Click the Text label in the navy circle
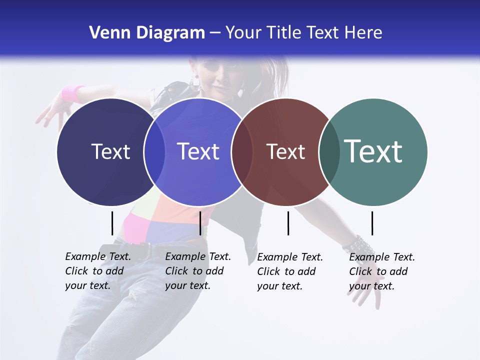click(x=110, y=151)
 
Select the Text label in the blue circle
click(x=198, y=151)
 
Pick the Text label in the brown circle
click(x=285, y=151)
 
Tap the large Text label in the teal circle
click(x=373, y=151)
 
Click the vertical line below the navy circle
click(x=112, y=223)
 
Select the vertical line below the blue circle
click(x=200, y=223)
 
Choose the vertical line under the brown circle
click(x=288, y=223)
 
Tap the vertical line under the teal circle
click(x=372, y=223)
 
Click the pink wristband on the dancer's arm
click(x=73, y=93)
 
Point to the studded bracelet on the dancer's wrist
click(x=358, y=245)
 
